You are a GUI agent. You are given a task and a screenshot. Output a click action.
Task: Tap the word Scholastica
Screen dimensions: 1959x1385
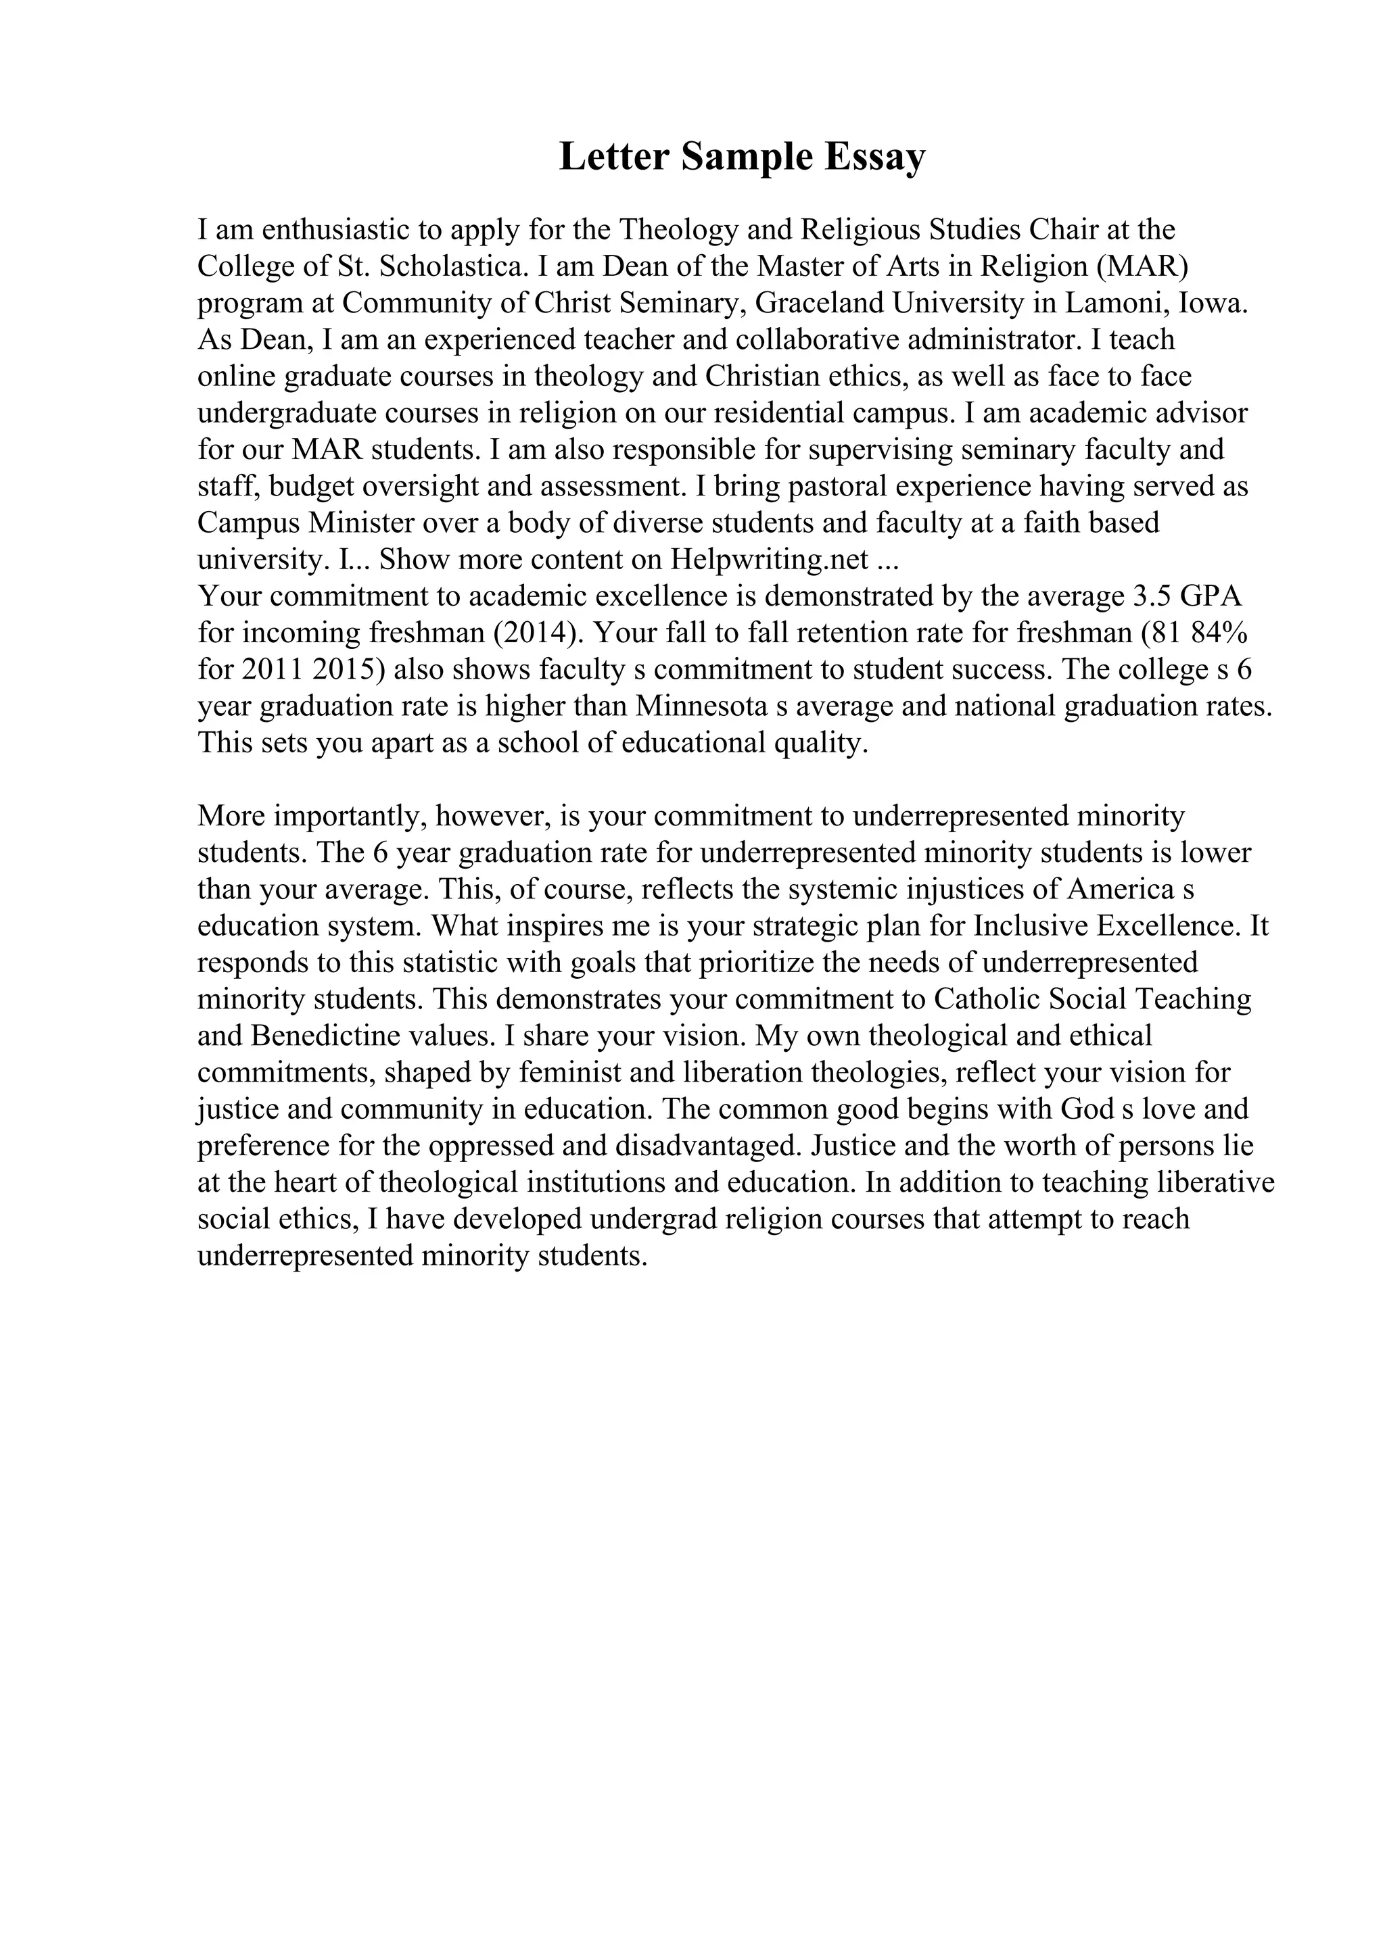click(450, 266)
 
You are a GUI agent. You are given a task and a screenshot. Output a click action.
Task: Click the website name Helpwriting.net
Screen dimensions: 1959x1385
click(770, 560)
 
